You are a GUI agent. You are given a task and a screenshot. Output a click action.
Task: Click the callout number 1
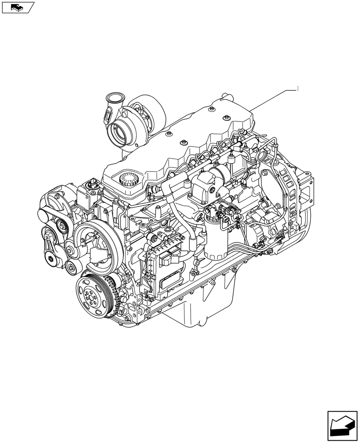click(298, 89)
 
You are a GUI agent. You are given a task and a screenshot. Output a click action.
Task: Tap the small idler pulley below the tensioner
click(70, 267)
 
